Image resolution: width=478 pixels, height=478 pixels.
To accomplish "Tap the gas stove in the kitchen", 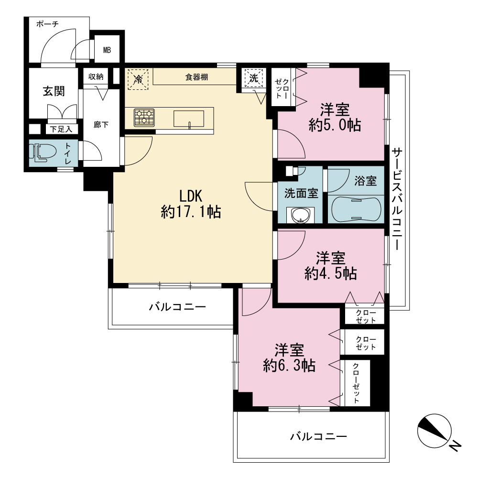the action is click(x=144, y=118).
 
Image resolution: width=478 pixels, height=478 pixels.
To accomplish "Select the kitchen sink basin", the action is click(x=189, y=119).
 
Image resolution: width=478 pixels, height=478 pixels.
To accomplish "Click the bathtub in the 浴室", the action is click(x=356, y=209).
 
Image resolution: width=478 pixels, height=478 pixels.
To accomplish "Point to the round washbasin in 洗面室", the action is click(x=300, y=215).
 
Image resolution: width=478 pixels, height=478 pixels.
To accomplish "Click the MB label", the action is click(x=107, y=50).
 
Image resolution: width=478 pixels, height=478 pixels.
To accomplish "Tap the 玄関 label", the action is click(x=54, y=91).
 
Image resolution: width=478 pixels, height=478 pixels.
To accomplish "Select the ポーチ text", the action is click(x=47, y=24).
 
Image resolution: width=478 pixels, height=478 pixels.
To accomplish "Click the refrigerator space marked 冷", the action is click(x=138, y=79).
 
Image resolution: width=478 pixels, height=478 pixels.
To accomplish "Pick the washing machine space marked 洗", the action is click(x=254, y=78).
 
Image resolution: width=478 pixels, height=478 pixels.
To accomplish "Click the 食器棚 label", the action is click(x=196, y=77).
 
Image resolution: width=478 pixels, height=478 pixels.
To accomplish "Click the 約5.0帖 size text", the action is click(x=335, y=125).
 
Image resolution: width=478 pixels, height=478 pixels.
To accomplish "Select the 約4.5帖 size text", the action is click(x=331, y=273).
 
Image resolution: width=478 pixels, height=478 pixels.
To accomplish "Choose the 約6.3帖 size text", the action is click(x=289, y=365).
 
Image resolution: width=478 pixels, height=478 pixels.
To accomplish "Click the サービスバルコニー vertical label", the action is click(x=397, y=199).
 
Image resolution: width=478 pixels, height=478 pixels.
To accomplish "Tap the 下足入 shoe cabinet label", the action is click(x=61, y=129).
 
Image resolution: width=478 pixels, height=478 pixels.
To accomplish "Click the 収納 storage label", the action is click(x=96, y=76).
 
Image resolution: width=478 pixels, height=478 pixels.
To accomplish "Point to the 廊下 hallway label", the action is click(x=101, y=124).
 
